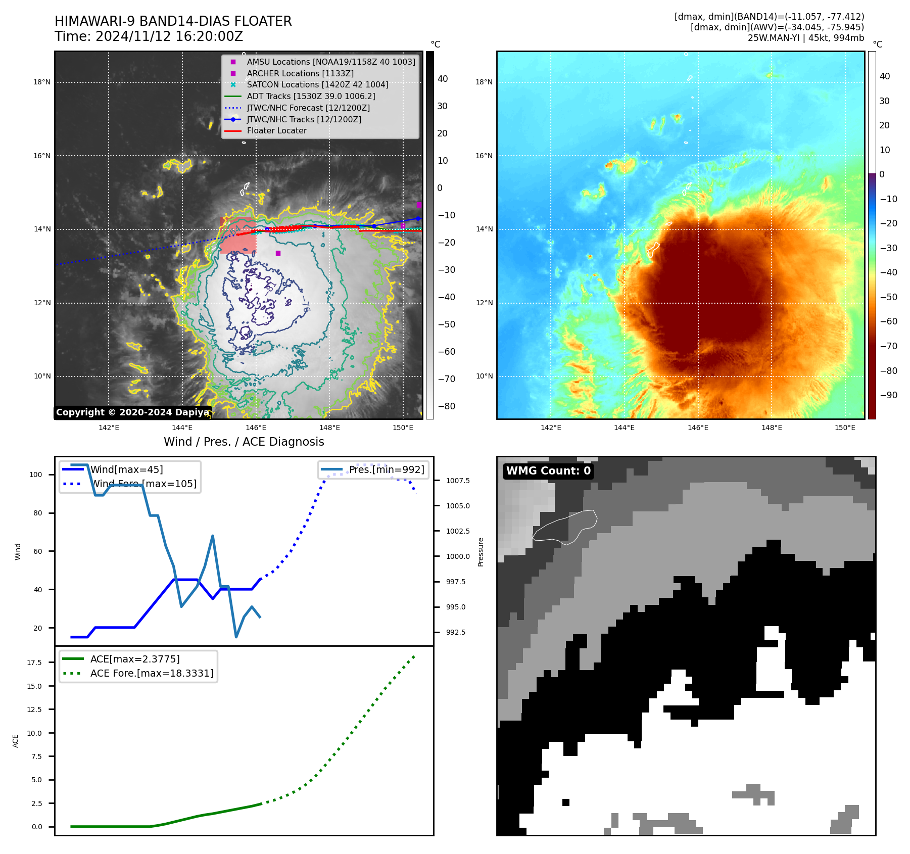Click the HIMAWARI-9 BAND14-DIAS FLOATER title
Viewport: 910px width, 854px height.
point(173,21)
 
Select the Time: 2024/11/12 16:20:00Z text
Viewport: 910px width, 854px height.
point(149,36)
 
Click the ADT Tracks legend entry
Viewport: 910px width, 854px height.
point(311,96)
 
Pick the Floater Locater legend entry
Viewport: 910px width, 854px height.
point(276,130)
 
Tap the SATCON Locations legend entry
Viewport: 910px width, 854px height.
point(317,84)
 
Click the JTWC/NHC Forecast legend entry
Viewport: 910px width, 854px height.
point(308,108)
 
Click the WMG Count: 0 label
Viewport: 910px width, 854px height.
point(548,471)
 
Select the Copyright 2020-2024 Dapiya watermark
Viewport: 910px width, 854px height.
point(132,412)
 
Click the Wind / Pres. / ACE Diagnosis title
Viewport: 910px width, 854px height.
point(244,442)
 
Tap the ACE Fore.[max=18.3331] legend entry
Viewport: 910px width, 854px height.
point(152,673)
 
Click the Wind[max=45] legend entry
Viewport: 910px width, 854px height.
point(126,469)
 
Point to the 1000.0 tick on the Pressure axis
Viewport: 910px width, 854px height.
point(457,556)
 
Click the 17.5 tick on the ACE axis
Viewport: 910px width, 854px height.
point(34,662)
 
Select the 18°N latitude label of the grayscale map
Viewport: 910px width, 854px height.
point(42,82)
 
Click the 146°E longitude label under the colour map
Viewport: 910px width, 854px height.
point(698,428)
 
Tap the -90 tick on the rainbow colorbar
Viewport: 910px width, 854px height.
point(888,395)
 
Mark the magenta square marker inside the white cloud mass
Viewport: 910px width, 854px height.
point(278,253)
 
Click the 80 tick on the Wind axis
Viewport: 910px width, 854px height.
point(38,513)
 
